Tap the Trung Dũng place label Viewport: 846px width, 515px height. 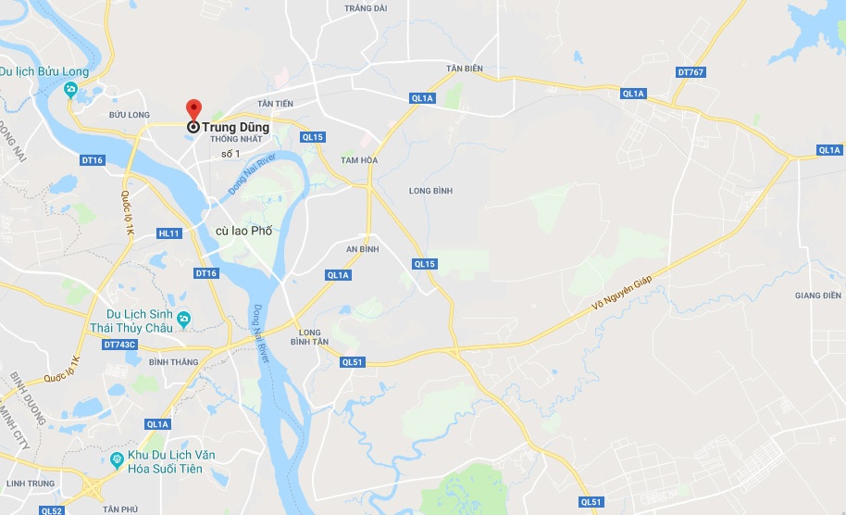[236, 128]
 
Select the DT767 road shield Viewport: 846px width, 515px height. [690, 71]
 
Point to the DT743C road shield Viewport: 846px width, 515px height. [119, 345]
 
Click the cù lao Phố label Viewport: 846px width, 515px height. [243, 231]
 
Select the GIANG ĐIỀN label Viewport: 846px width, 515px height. [817, 295]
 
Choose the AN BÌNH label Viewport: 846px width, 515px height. [362, 249]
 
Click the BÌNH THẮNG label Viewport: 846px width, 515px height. [173, 361]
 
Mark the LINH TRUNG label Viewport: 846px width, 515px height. [25, 484]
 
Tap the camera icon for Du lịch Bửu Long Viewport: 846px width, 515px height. [72, 90]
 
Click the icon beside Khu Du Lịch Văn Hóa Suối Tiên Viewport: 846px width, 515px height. [117, 459]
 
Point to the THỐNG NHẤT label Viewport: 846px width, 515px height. [237, 139]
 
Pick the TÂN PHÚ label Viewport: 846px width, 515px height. [120, 509]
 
